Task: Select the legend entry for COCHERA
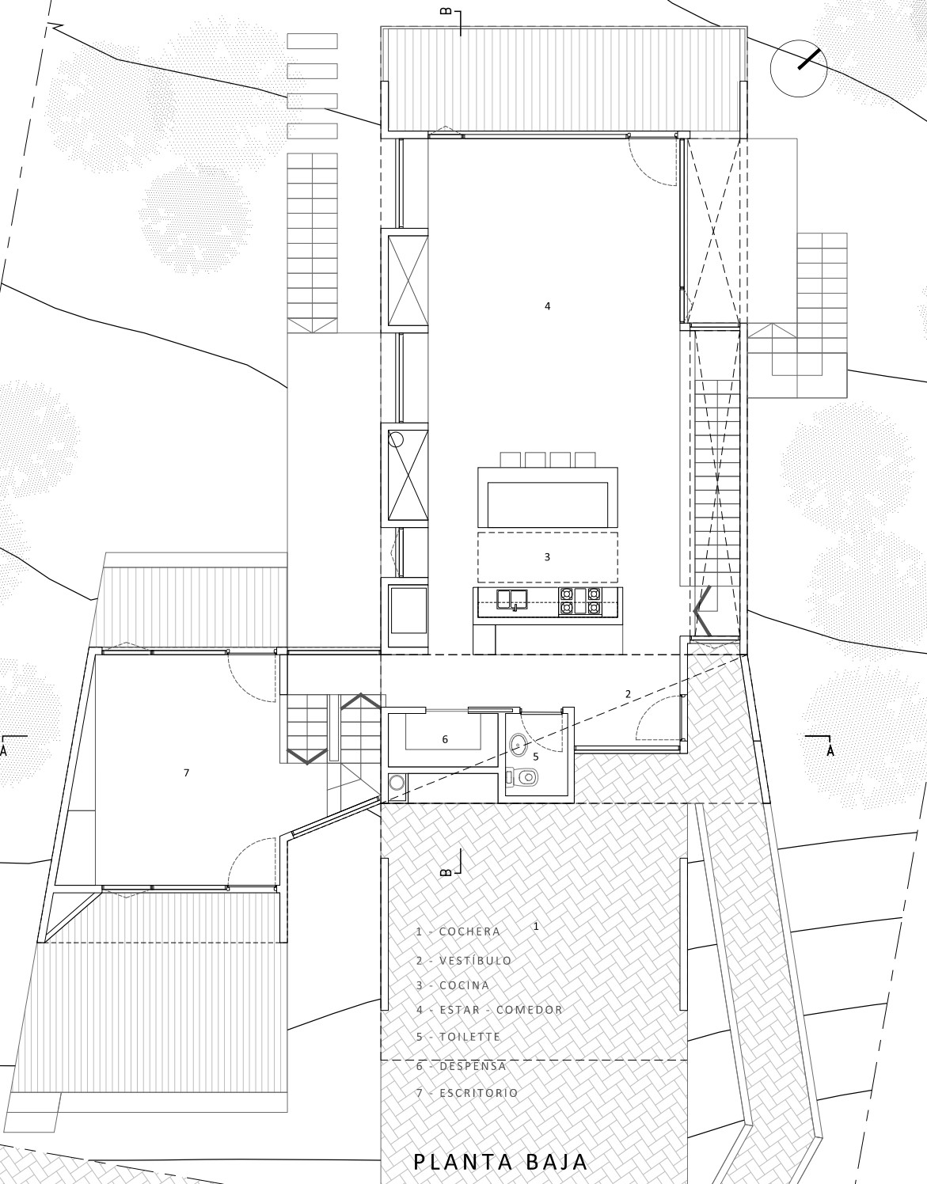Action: pos(458,932)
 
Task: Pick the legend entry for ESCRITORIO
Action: pos(467,1092)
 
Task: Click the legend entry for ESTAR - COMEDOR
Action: pos(489,1010)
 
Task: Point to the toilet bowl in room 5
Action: pos(522,776)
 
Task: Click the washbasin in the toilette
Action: pos(519,742)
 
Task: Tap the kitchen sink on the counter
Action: pos(511,599)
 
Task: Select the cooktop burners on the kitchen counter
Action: pos(579,601)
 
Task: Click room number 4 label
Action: pos(548,306)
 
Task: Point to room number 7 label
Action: pos(186,772)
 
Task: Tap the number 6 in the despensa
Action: pos(445,739)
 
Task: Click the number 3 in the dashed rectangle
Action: pos(547,557)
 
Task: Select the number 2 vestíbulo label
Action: pos(628,694)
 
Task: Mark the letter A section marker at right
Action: pos(830,751)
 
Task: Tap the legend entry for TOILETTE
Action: pos(458,1036)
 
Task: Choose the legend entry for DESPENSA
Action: pos(462,1066)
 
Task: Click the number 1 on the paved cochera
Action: pos(536,926)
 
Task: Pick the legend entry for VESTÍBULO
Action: pos(465,961)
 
